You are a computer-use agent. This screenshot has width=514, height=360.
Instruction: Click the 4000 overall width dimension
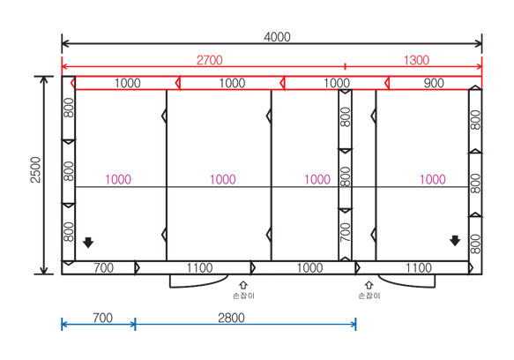(x=277, y=37)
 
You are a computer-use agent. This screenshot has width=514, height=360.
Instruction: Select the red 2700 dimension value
(x=210, y=60)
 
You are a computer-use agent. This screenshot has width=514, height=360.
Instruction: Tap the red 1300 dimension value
(x=416, y=60)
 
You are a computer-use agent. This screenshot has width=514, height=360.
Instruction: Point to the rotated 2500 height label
(x=35, y=169)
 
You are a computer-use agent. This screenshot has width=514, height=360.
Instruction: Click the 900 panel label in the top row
(x=434, y=83)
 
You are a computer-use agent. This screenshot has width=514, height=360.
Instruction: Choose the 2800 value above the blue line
(x=231, y=318)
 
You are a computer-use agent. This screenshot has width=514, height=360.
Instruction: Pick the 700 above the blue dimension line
(x=102, y=318)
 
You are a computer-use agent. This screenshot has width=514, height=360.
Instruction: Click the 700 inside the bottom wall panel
(x=103, y=267)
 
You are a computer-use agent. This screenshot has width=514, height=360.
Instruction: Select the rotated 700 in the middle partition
(x=346, y=232)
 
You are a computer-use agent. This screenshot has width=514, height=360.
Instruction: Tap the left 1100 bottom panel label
(x=199, y=267)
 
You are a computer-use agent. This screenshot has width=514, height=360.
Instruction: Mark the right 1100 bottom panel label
(x=419, y=267)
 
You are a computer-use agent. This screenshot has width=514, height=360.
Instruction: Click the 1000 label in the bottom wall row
(x=309, y=267)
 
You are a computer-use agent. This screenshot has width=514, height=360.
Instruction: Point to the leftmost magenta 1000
(x=118, y=179)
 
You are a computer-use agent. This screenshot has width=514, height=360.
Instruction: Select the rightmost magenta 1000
(x=433, y=179)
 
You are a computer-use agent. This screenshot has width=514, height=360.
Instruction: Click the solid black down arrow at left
(x=88, y=242)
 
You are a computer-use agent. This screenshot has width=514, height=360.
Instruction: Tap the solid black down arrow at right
(x=455, y=241)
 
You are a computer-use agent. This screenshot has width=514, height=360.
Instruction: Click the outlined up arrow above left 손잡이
(x=243, y=285)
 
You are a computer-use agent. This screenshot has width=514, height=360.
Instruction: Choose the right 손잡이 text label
(x=369, y=296)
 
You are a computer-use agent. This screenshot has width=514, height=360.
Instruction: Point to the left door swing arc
(x=198, y=286)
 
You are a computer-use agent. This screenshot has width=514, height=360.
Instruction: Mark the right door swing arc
(x=407, y=286)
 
